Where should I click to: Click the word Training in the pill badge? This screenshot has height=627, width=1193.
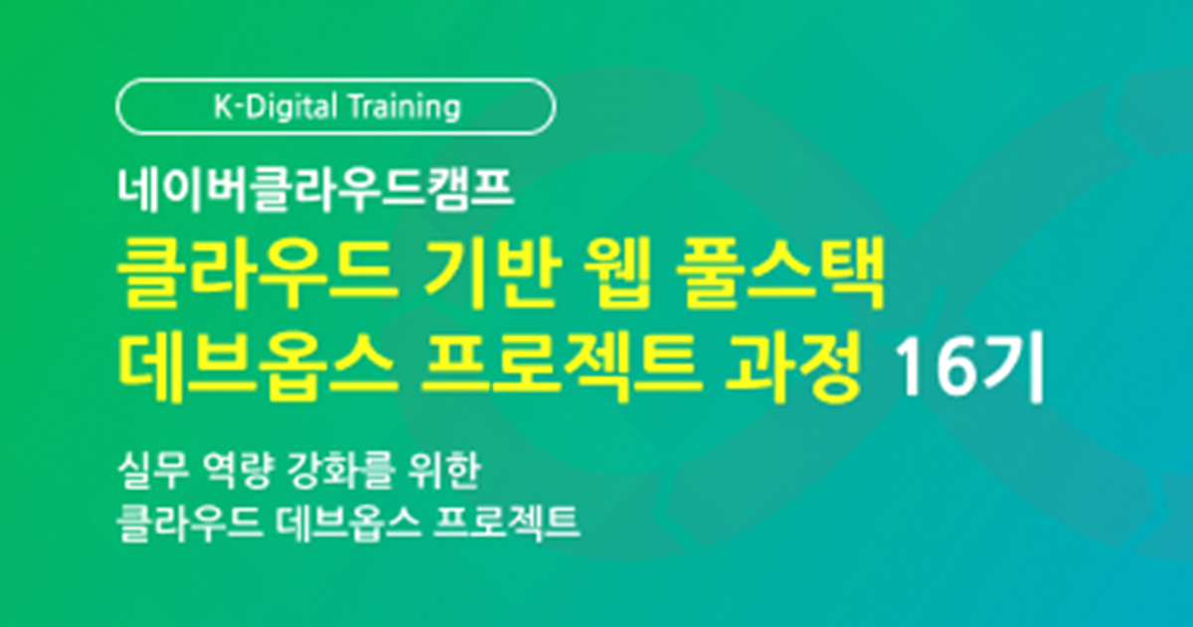405,108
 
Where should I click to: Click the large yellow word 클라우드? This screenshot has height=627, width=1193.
257,273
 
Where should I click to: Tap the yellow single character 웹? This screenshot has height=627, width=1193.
617,273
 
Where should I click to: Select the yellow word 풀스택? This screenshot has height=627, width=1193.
779,273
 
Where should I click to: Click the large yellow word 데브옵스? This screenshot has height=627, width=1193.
257,367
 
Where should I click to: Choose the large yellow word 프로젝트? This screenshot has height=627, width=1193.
561,367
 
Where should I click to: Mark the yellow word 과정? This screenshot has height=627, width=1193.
792,367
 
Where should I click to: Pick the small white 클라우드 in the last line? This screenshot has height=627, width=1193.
190,523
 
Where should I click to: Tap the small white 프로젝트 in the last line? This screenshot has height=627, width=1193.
506,523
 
